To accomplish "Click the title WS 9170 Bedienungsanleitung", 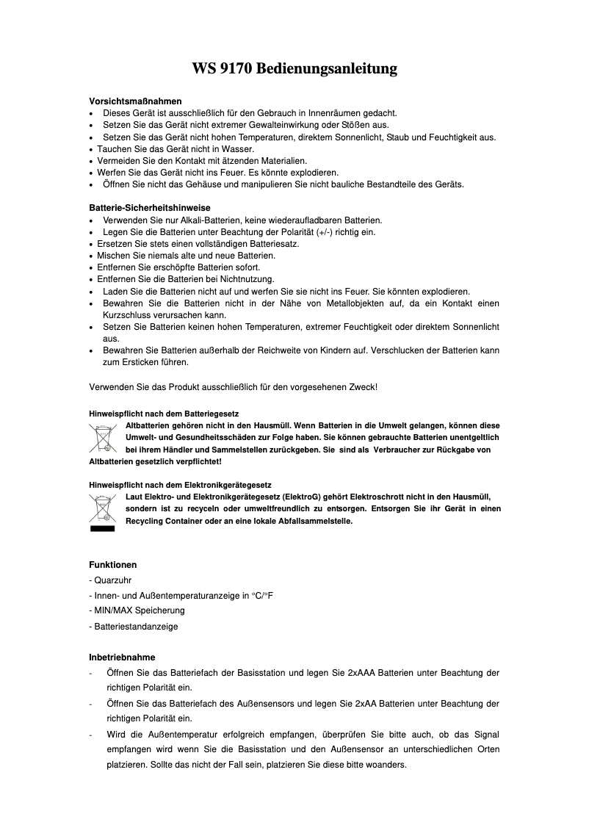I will (294, 69).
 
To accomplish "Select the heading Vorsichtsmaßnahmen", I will (135, 101).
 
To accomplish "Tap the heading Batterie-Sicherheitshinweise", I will (150, 208).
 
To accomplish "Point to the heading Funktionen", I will (113, 565).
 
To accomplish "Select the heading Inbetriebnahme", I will (122, 657).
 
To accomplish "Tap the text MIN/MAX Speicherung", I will (139, 610).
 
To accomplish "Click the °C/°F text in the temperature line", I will (261, 596).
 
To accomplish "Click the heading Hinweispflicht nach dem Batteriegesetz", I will (164, 414).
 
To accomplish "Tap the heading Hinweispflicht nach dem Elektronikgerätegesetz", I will (181, 486).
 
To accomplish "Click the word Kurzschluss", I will (126, 315).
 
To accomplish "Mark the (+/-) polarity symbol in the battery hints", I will (324, 232).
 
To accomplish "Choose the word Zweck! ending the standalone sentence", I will (364, 386).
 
